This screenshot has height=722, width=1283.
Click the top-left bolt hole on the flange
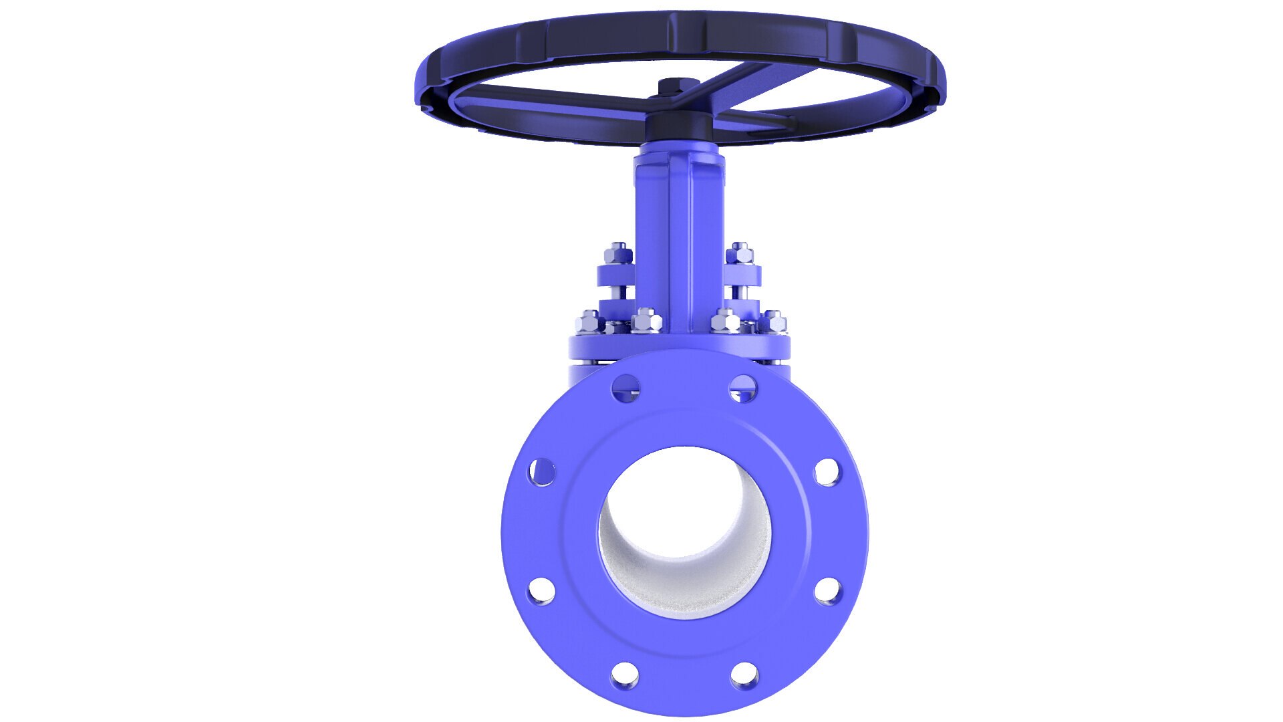coord(625,388)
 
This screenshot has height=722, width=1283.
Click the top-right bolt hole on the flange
coord(742,388)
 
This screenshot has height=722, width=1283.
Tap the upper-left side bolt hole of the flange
coord(542,472)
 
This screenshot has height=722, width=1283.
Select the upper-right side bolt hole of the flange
coord(827,472)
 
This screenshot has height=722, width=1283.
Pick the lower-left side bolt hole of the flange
coord(541,591)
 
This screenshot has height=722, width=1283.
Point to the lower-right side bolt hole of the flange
coord(828,591)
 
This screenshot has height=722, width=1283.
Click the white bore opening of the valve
coord(684,528)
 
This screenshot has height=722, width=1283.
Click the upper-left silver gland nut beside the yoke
coord(618,253)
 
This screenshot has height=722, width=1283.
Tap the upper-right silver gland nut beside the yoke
coord(740,253)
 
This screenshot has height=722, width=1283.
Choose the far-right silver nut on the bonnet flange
coord(774,322)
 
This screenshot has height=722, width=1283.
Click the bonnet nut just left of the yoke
coord(645,321)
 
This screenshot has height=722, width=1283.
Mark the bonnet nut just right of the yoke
coord(724,321)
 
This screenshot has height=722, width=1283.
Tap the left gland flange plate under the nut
coord(615,275)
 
